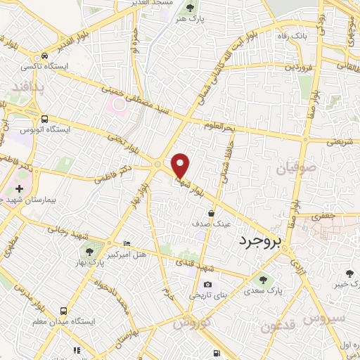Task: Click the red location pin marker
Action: (181, 166)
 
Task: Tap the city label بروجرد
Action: (259, 242)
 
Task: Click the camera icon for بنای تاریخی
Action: (207, 284)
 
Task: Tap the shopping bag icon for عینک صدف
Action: (211, 212)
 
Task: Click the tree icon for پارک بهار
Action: (89, 251)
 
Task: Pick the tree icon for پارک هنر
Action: (191, 8)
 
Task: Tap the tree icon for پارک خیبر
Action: (350, 274)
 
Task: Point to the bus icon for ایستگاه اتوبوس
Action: (44, 120)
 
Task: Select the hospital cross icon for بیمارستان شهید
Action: (18, 189)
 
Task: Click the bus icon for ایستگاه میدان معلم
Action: (64, 309)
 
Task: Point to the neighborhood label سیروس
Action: (326, 319)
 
